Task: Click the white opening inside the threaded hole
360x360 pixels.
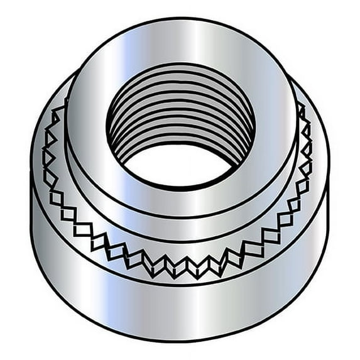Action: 181,165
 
